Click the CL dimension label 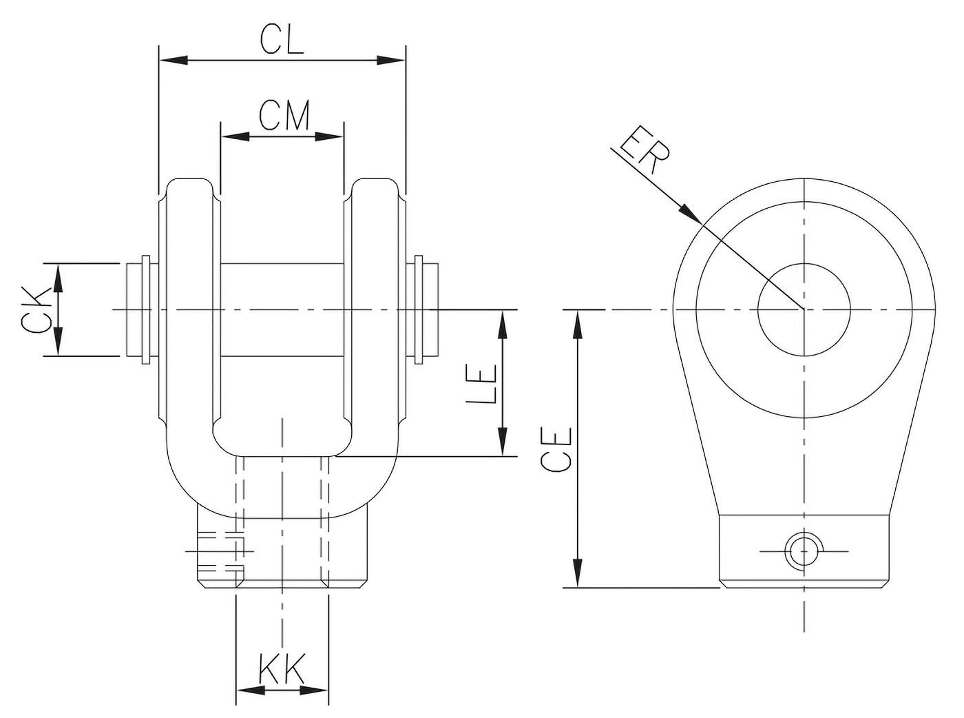pyautogui.click(x=282, y=41)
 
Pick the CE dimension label pyautogui.click(x=556, y=449)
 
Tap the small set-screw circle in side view pyautogui.click(x=803, y=551)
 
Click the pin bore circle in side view pyautogui.click(x=804, y=310)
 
